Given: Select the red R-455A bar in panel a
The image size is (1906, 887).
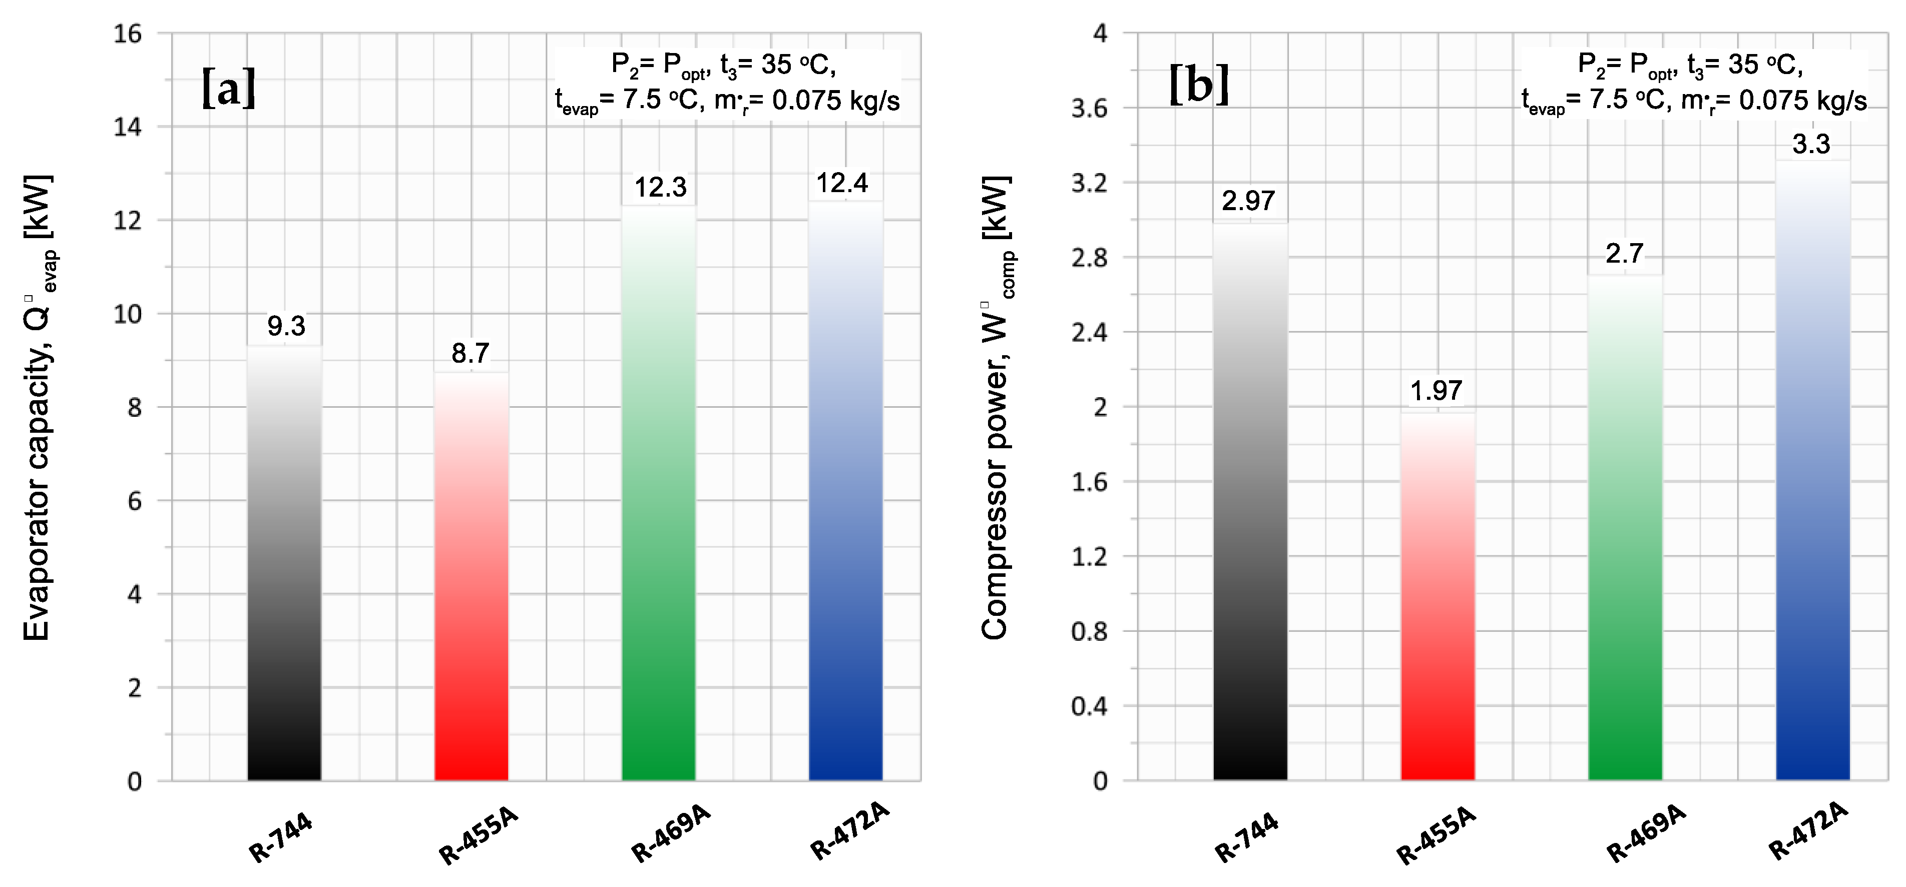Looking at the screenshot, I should pyautogui.click(x=471, y=577).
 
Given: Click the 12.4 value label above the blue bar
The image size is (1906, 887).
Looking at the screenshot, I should pyautogui.click(x=842, y=183).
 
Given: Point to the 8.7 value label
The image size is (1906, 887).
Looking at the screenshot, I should pyautogui.click(x=470, y=354).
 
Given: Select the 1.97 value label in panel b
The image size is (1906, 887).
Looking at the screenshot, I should pyautogui.click(x=1436, y=391).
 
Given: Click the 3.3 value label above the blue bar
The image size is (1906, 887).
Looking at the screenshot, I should pyautogui.click(x=1811, y=144).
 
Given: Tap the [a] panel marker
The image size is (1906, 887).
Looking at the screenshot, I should pyautogui.click(x=229, y=89).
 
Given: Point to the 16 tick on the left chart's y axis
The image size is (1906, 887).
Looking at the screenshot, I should pyautogui.click(x=128, y=34).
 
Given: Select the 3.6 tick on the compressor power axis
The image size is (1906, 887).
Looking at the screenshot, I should pyautogui.click(x=1089, y=109).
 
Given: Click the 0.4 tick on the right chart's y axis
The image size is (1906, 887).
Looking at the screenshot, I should pyautogui.click(x=1089, y=706).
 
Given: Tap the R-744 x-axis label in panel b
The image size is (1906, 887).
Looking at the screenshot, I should pyautogui.click(x=1247, y=837).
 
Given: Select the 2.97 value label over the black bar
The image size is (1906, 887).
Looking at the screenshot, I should pyautogui.click(x=1249, y=201).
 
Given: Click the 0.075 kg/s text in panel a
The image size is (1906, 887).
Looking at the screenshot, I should pyautogui.click(x=835, y=100).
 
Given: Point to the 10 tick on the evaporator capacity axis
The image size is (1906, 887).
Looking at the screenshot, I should pyautogui.click(x=128, y=314).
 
